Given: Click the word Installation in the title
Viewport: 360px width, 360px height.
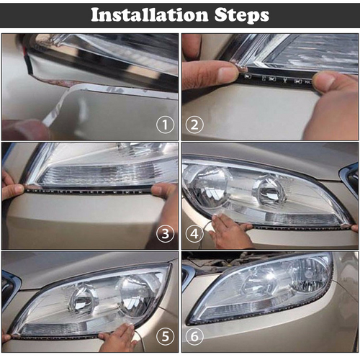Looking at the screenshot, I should [x=143, y=14].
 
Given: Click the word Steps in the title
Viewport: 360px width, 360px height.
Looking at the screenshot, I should [x=239, y=14].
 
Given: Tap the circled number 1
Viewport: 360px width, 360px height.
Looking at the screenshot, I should [x=166, y=125].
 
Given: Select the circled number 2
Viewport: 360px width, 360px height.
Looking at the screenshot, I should [x=193, y=125].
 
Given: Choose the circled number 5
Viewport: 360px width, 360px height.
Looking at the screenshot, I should [x=166, y=337].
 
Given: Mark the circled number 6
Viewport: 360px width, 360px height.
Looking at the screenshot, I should [x=193, y=337].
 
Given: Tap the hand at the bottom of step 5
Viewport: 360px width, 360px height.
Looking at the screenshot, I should [x=119, y=338].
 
